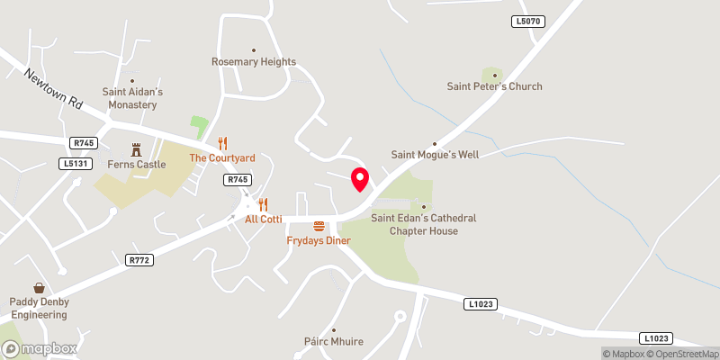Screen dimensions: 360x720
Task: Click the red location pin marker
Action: pos(360,178)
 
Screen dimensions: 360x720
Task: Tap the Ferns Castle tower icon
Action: pos(138,148)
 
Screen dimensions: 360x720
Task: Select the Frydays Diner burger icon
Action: pos(319,226)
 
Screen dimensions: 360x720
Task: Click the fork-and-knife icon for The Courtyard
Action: pos(223,143)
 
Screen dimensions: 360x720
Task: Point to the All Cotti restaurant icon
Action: pos(264,204)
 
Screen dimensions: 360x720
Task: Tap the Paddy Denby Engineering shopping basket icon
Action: pos(40,288)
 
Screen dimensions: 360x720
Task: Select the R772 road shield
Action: pos(138,260)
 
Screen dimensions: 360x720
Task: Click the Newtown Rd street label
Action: pos(54,90)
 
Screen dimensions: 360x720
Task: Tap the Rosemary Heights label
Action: pos(254,62)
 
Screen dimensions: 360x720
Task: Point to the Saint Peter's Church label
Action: pos(495,86)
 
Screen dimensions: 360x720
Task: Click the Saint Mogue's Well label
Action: pos(435,155)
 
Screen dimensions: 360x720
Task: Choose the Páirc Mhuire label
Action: pos(333,342)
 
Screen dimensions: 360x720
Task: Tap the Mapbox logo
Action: pos(39,348)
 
